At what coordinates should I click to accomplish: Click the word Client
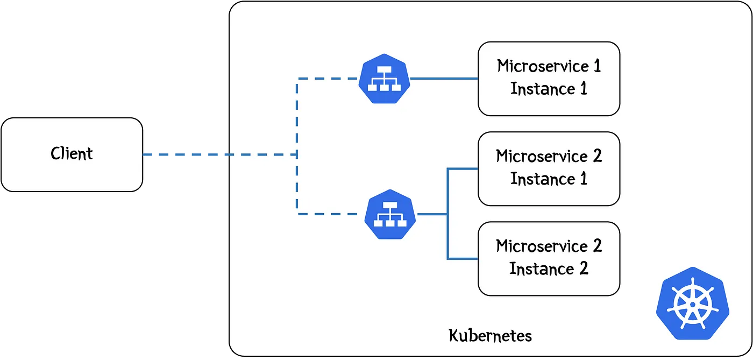pos(72,154)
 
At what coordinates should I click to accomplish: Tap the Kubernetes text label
pos(490,335)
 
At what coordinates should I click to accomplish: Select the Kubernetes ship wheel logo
pos(693,303)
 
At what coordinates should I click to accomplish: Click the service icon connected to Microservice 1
pos(384,79)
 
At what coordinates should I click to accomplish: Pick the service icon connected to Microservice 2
pos(390,214)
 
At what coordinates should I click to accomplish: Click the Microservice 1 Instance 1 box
pos(549,79)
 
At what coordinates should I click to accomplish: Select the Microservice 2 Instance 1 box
pos(549,168)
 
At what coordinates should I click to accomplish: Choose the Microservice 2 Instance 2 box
pos(549,259)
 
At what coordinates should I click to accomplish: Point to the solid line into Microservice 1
pos(444,79)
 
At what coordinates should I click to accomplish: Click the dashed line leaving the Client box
pos(220,154)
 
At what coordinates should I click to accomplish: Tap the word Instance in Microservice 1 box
pos(543,89)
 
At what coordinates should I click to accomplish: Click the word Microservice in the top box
pos(543,66)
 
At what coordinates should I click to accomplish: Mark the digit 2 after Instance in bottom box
pos(584,269)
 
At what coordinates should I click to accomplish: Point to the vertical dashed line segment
pos(297,146)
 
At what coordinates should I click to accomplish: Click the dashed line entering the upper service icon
pos(328,79)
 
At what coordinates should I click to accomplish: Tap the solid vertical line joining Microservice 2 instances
pos(447,214)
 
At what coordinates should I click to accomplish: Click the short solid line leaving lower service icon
pos(431,214)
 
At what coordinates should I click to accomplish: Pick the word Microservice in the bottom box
pos(542,246)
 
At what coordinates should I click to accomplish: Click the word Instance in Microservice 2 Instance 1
pos(543,179)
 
